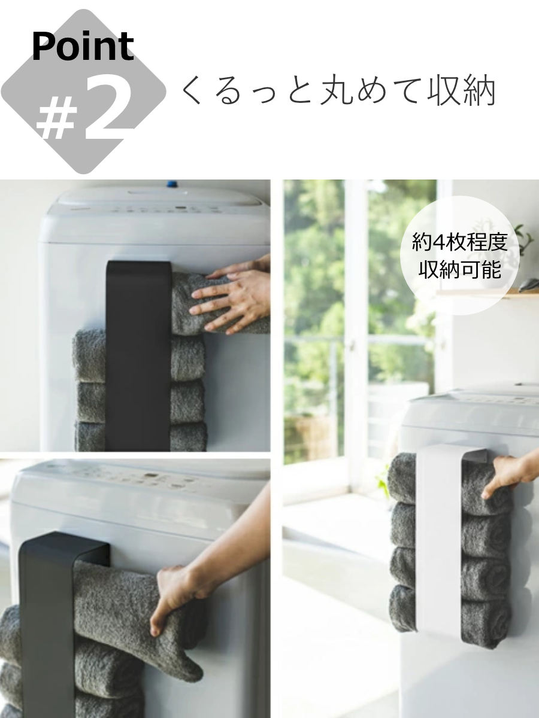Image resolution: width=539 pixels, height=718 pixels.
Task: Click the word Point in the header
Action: point(82,47)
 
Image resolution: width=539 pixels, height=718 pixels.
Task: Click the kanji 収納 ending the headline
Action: point(462,92)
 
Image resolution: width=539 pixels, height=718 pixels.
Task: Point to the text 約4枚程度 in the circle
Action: point(459,243)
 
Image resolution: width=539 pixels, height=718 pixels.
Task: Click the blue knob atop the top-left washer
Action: point(172,183)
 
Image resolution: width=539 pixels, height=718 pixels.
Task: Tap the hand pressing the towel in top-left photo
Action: point(237,296)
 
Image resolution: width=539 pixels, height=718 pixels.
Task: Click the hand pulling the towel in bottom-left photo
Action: point(177,598)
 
